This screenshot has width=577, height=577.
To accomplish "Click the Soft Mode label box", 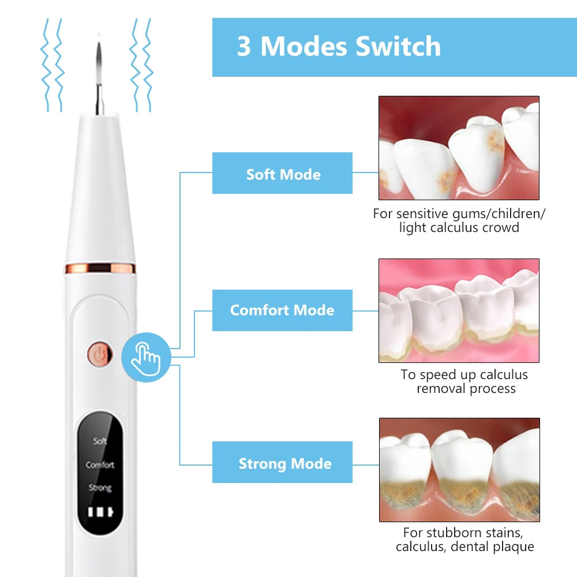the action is (x=282, y=173).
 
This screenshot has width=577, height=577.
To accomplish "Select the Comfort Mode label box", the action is (x=282, y=310).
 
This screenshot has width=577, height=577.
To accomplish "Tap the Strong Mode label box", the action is (x=282, y=462).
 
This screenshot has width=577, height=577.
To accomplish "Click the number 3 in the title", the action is (x=244, y=46).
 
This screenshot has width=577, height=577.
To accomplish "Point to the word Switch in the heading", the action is (x=398, y=46).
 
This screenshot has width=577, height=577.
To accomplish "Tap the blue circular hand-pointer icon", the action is (x=146, y=357).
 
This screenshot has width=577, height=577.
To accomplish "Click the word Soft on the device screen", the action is (x=100, y=441).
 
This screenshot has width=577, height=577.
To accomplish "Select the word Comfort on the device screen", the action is (x=100, y=464).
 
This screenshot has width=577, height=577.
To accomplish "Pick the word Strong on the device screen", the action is (x=100, y=488).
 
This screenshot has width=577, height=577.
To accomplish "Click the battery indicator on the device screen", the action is (x=100, y=512).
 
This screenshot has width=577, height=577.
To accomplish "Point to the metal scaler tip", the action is (x=99, y=74).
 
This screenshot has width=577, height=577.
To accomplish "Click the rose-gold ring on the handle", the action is (x=100, y=268).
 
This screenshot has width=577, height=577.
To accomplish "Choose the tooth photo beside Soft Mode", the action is (x=459, y=148).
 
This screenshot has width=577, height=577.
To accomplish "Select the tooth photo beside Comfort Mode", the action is (x=459, y=310).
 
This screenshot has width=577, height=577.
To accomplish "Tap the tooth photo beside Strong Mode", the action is (x=459, y=470).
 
